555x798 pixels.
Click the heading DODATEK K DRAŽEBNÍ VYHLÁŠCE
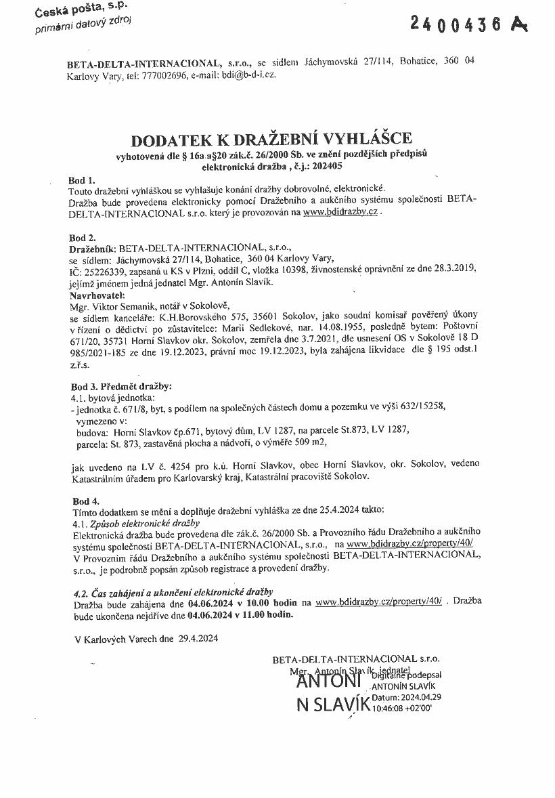271,140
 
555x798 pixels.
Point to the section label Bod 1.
82,181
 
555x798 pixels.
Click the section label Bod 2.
82,238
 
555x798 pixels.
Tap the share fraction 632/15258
422,406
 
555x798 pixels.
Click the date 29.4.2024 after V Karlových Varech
199,638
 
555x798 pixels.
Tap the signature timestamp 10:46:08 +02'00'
402,707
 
